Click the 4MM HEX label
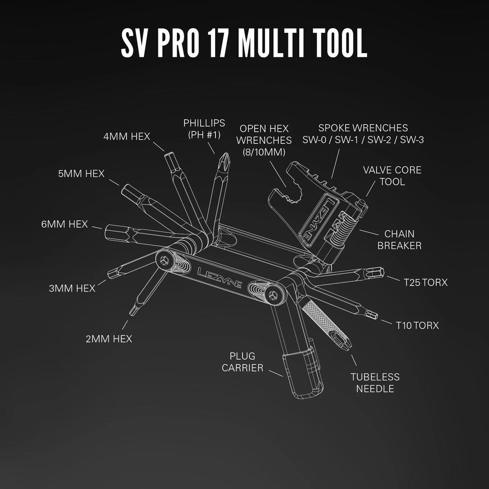(x=126, y=137)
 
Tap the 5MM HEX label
(x=81, y=174)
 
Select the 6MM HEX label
(x=64, y=224)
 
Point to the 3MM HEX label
(x=72, y=288)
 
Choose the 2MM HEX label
(x=109, y=339)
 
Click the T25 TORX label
(x=426, y=282)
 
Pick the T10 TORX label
(x=417, y=325)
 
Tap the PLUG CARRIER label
(x=242, y=362)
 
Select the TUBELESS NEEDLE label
(x=375, y=383)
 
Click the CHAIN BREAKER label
(x=399, y=240)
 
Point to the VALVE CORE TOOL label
(x=392, y=176)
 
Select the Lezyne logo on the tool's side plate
(x=220, y=276)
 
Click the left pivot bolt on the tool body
(x=165, y=260)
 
